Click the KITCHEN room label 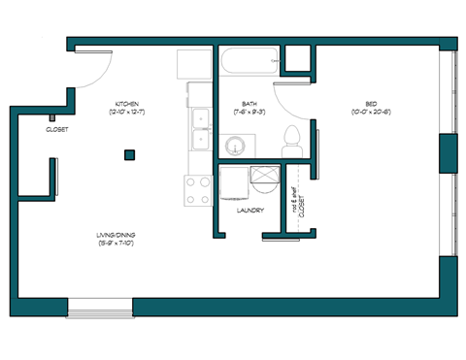127,103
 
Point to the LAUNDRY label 251,210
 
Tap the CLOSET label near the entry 56,129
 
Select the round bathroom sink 237,146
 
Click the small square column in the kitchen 128,154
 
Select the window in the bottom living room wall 100,309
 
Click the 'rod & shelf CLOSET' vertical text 298,204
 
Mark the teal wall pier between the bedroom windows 448,154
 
